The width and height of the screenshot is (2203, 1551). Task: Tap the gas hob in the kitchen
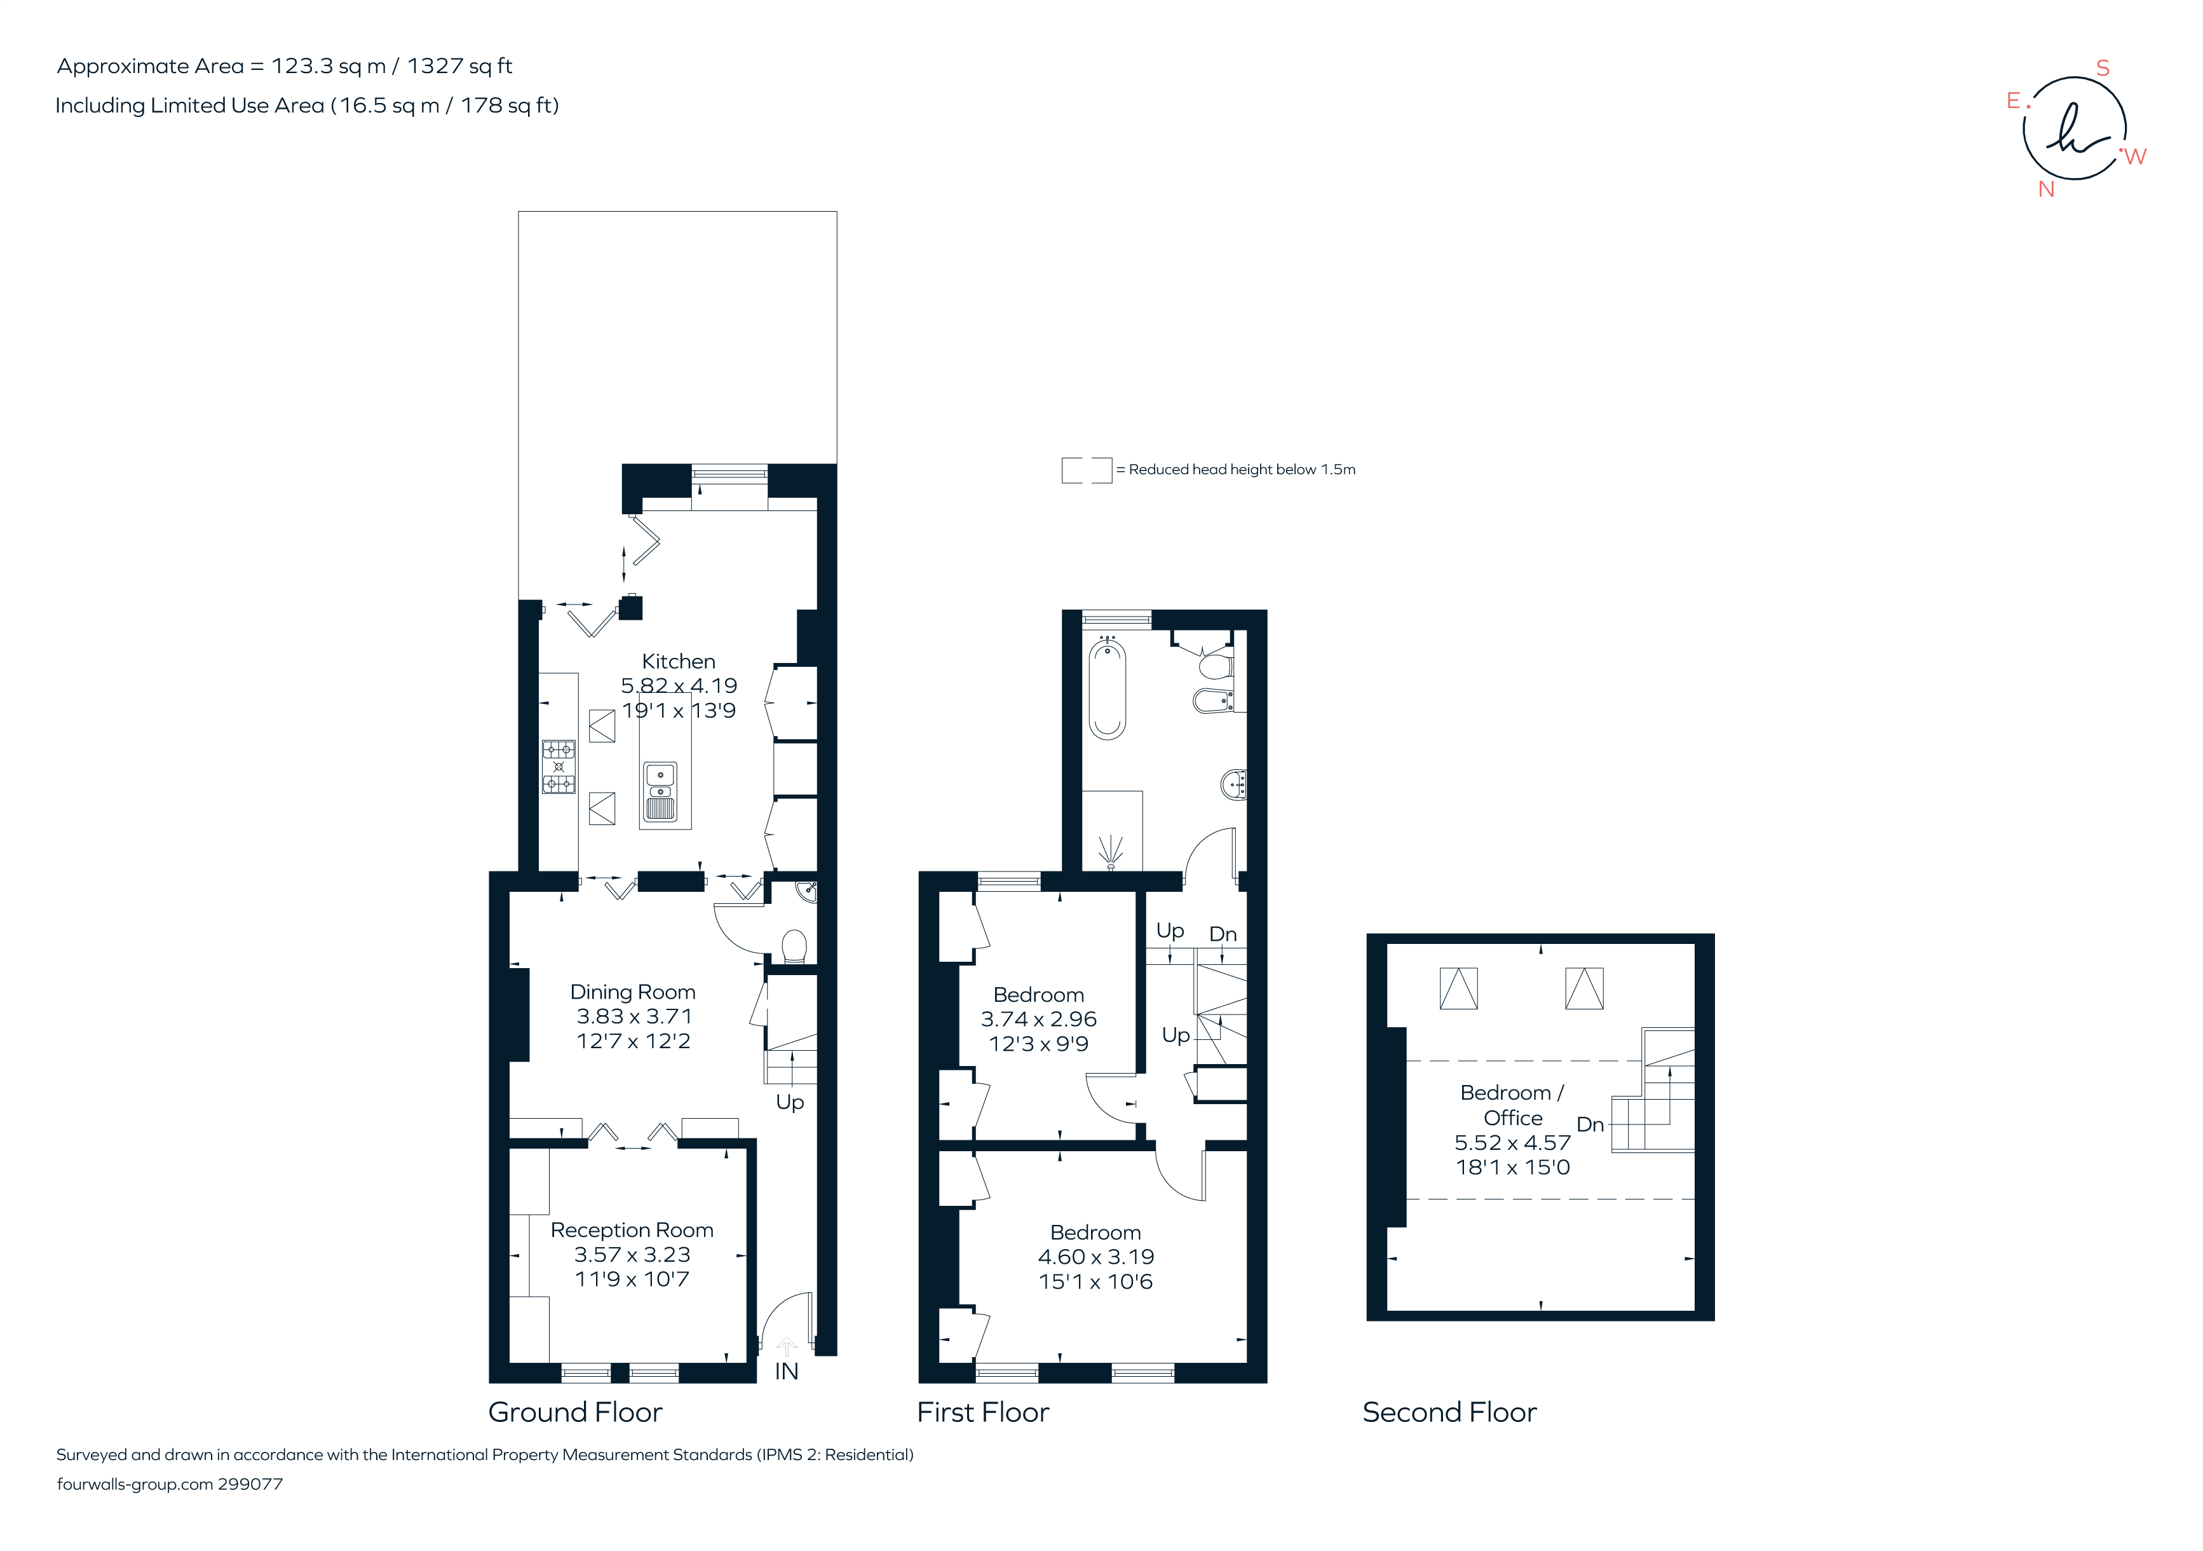click(x=559, y=767)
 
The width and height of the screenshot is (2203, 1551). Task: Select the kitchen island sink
click(x=660, y=793)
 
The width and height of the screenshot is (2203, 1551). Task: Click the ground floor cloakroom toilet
click(x=794, y=946)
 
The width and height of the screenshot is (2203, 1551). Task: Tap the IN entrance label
click(x=786, y=1372)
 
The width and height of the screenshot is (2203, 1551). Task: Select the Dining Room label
click(x=632, y=992)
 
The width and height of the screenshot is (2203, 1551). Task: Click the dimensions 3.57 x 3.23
click(x=632, y=1254)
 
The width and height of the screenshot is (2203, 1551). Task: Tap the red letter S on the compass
click(x=2102, y=68)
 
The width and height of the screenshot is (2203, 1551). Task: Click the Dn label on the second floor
click(x=1590, y=1124)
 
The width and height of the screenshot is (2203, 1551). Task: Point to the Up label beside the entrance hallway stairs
click(x=790, y=1102)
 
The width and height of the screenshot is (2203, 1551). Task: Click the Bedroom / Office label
click(x=1512, y=1105)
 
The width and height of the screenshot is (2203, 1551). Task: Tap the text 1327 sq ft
click(x=459, y=66)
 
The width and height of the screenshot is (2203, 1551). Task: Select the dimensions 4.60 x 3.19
click(x=1095, y=1256)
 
